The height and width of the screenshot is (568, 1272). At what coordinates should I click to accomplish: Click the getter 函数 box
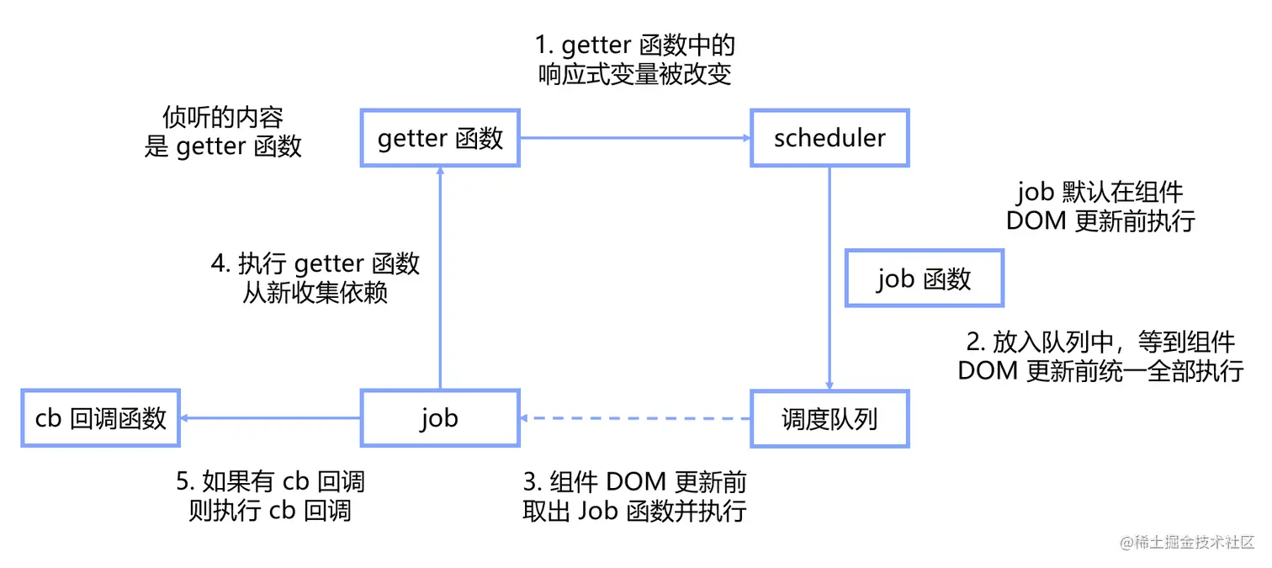[440, 137]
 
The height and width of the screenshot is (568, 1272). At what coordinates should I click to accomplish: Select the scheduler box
[829, 137]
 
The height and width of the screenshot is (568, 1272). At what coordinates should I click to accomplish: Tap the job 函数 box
[924, 278]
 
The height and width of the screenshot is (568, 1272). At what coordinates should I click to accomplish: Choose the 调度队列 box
[829, 417]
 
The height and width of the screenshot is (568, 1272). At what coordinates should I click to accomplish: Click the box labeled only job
[440, 417]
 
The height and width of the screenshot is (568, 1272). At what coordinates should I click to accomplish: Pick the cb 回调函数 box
[101, 417]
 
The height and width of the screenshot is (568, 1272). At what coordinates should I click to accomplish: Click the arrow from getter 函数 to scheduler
[635, 138]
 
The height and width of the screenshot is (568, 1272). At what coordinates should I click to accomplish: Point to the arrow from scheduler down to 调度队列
[830, 278]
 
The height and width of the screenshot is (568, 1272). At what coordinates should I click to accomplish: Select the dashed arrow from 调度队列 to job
[635, 418]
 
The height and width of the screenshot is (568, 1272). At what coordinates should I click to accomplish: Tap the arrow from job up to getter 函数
[440, 278]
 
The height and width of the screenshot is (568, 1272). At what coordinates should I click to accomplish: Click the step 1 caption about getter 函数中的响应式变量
[635, 59]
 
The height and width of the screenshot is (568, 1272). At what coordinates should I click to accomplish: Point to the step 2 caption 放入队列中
[1100, 356]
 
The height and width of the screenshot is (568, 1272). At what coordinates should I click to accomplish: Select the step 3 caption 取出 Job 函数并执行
[635, 496]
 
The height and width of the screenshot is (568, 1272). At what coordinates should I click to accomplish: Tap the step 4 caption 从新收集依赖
[315, 278]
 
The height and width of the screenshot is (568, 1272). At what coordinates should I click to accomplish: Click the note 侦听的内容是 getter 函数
[223, 131]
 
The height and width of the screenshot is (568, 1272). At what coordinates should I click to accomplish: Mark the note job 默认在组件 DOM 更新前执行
[1100, 206]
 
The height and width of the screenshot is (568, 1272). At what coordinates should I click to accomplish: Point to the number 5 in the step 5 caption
[183, 482]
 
